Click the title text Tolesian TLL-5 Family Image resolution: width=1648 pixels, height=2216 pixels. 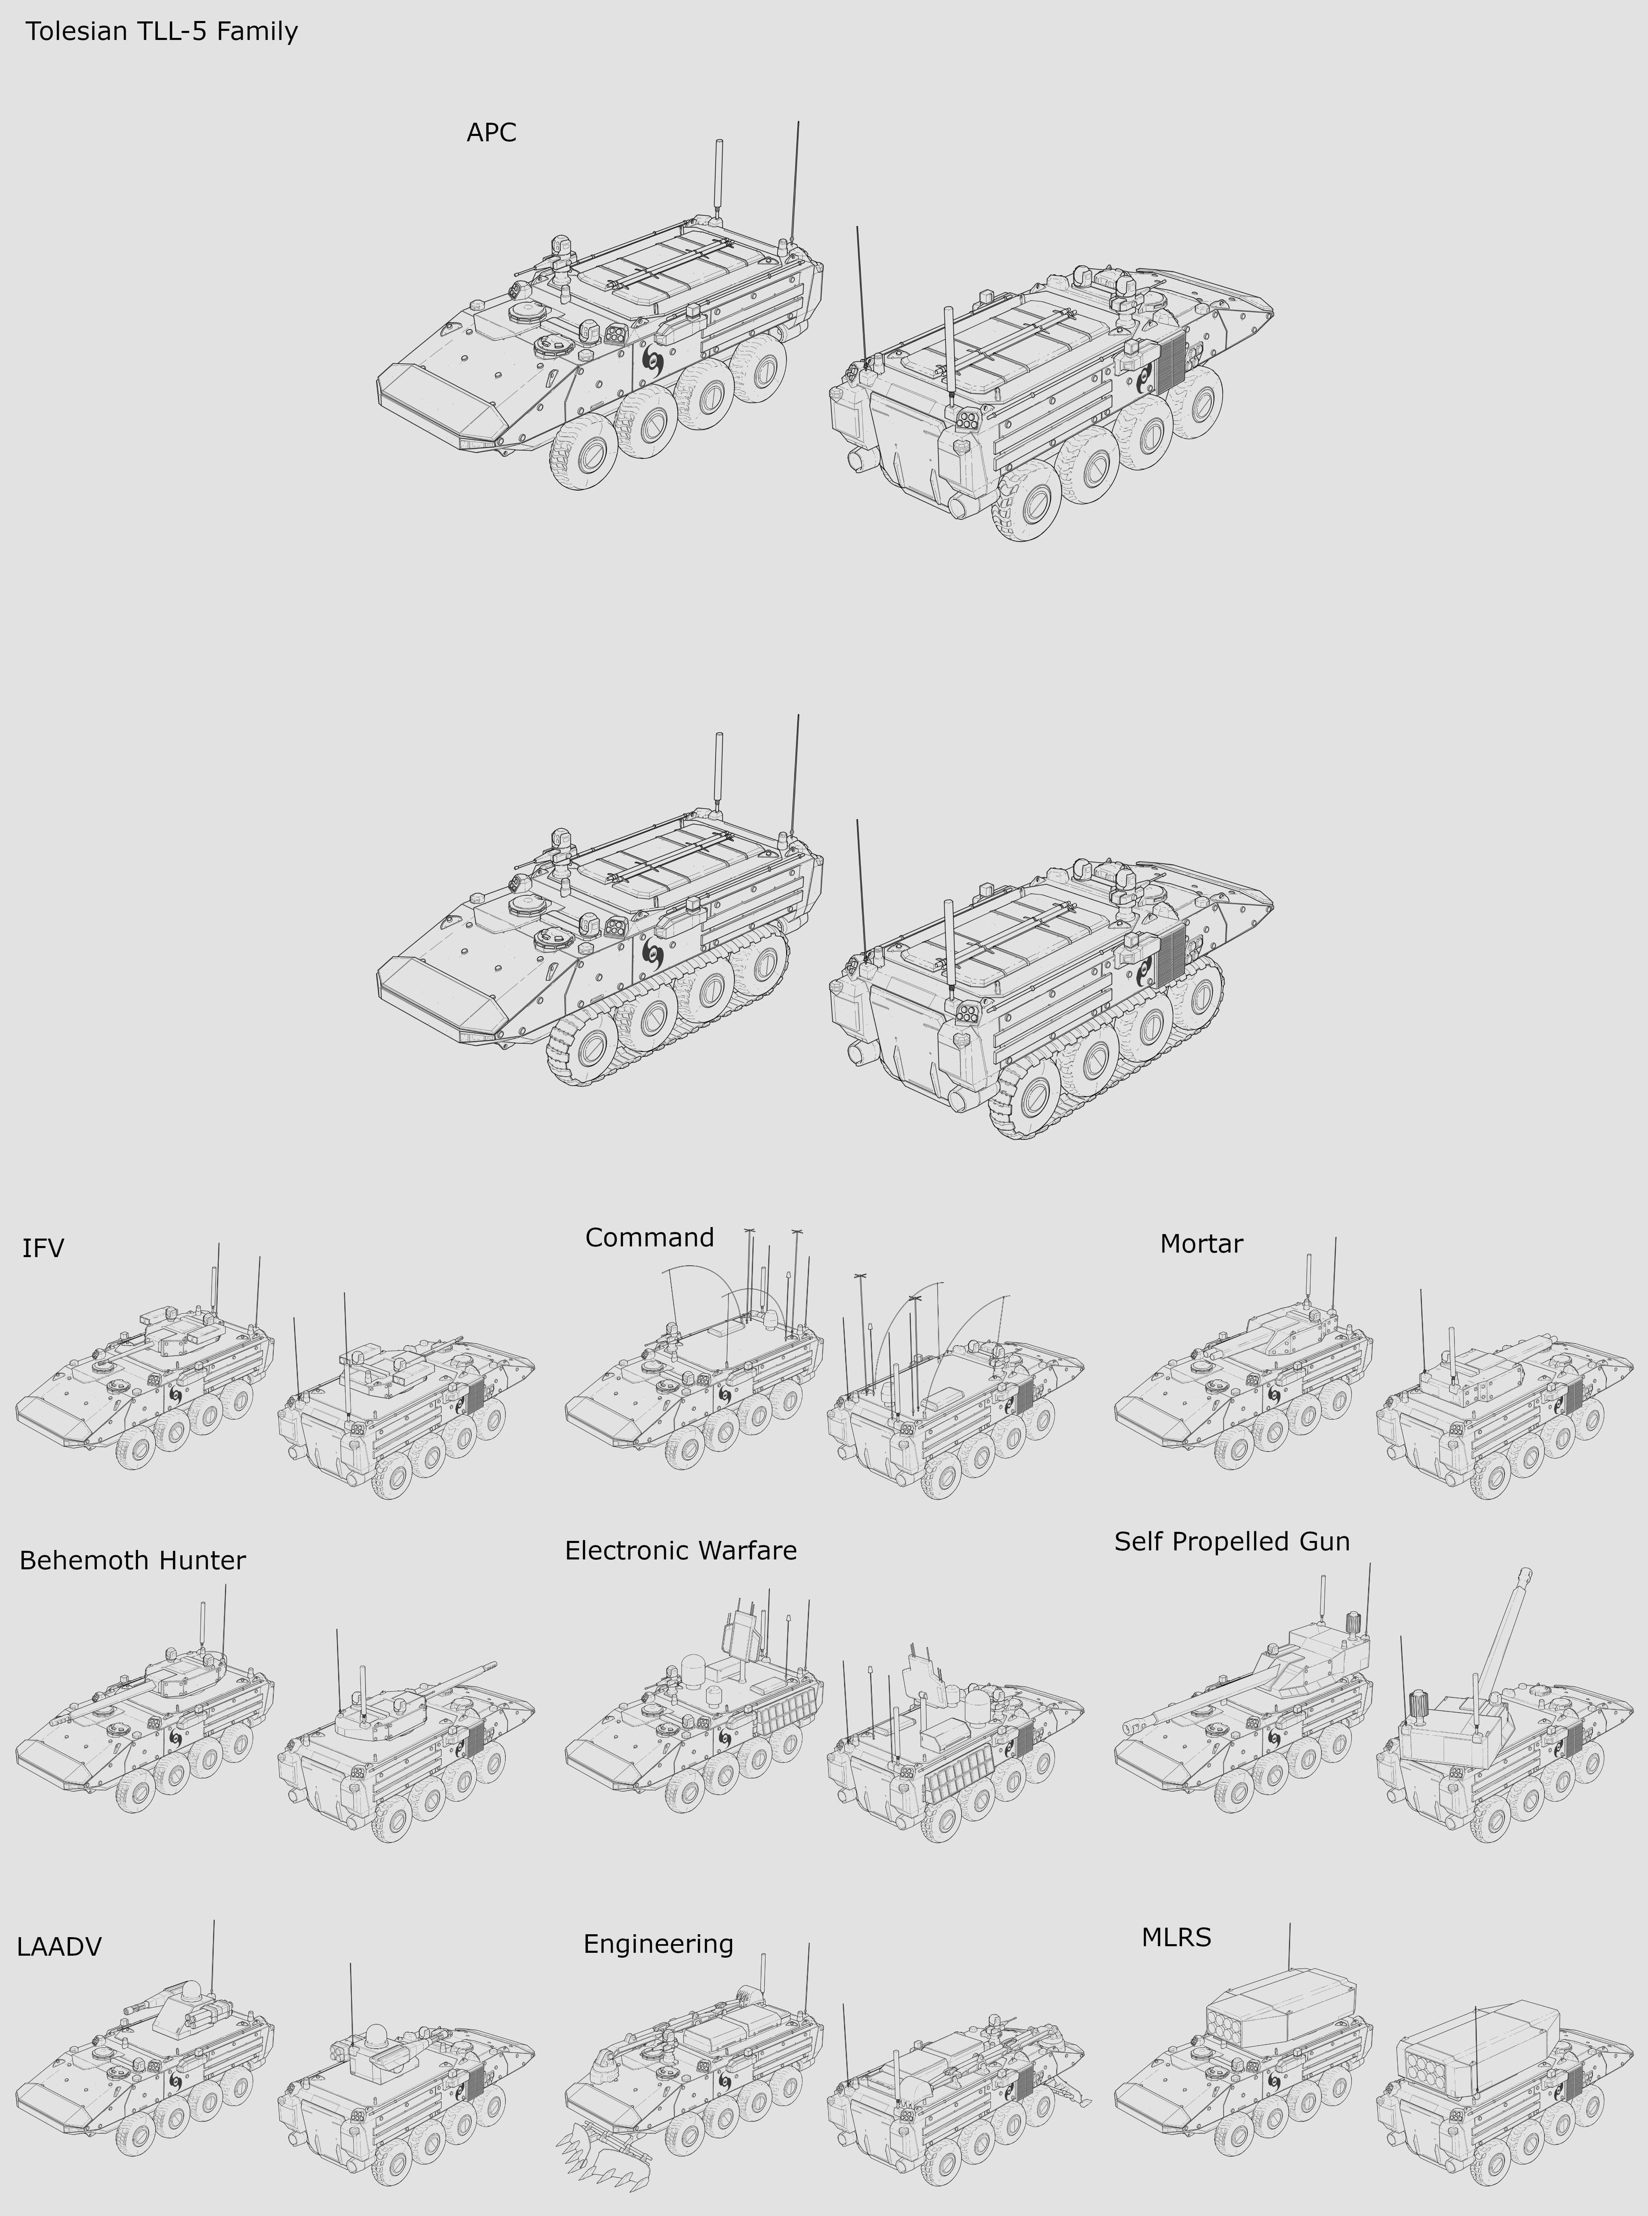tap(162, 32)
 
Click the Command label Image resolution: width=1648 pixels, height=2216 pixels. tap(649, 1238)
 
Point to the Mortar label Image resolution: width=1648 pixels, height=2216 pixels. tap(1201, 1244)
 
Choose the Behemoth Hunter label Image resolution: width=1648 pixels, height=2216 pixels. tap(133, 1560)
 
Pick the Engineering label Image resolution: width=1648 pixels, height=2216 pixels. tap(658, 1944)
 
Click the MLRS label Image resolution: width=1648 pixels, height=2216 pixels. tap(1176, 1937)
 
